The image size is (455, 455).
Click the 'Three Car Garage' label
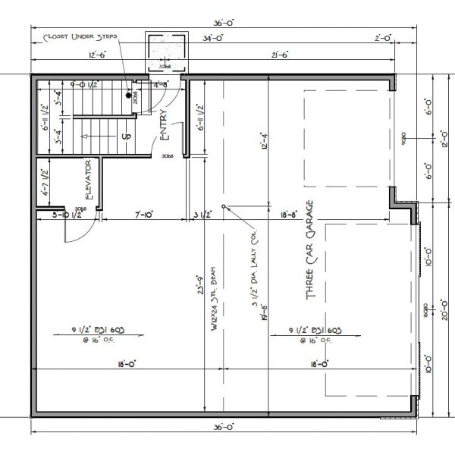310,250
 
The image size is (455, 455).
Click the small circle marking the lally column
223,207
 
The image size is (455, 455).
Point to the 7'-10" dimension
145,215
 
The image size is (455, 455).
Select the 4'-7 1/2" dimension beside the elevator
45,184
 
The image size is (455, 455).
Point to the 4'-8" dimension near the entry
161,86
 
